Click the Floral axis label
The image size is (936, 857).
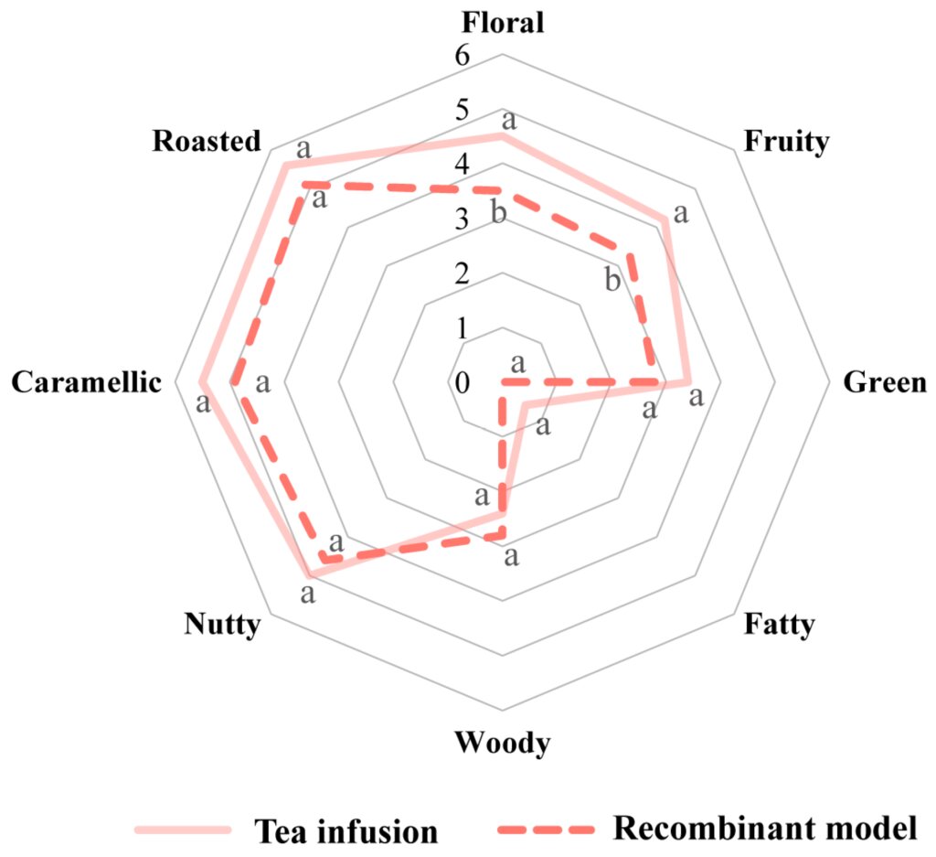[x=502, y=21]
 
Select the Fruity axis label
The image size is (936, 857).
[x=786, y=141]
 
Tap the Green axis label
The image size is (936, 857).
[x=884, y=382]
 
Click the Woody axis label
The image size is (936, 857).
[x=502, y=743]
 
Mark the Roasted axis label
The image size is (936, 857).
[x=207, y=141]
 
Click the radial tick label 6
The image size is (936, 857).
[x=462, y=56]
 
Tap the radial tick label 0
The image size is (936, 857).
[x=462, y=382]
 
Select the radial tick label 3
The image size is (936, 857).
[x=462, y=220]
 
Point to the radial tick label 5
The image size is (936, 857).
[x=462, y=110]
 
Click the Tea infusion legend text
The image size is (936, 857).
[x=345, y=830]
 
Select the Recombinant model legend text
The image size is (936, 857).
[x=764, y=827]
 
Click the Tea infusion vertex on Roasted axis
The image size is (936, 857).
[x=284, y=166]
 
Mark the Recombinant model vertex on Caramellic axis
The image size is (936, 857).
[x=232, y=382]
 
